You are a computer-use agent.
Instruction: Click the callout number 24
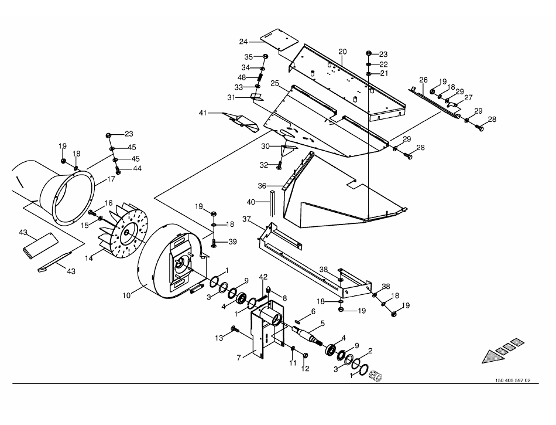click(x=243, y=42)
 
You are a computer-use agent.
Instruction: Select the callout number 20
click(x=342, y=52)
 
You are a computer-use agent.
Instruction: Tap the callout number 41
click(x=203, y=112)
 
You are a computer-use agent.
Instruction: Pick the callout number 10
click(x=126, y=296)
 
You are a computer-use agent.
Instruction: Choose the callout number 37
click(x=246, y=219)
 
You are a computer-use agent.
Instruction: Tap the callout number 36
click(x=262, y=185)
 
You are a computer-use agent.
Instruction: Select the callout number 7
click(x=238, y=357)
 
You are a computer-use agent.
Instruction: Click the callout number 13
click(x=219, y=338)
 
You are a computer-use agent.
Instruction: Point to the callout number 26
click(x=423, y=80)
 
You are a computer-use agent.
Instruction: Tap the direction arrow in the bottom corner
click(x=500, y=351)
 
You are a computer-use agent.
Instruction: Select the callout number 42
click(x=263, y=277)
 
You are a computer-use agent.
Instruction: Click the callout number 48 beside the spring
click(x=242, y=77)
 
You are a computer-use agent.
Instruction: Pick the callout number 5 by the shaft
click(x=322, y=323)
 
